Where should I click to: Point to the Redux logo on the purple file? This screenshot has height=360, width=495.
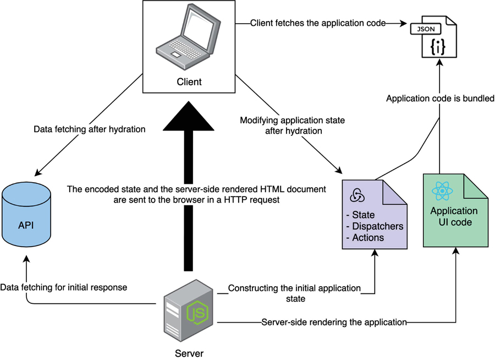(x=356, y=196)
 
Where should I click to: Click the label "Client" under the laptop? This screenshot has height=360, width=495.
(x=189, y=82)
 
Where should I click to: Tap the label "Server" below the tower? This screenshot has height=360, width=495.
(x=189, y=353)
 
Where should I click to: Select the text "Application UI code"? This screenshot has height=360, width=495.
(x=454, y=217)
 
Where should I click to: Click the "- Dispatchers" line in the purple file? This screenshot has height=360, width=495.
(x=375, y=226)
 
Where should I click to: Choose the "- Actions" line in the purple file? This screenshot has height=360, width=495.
(x=366, y=237)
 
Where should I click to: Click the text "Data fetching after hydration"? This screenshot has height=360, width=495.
(x=90, y=129)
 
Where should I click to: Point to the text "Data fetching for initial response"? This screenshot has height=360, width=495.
(x=64, y=287)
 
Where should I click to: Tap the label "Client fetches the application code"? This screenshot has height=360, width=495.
(x=318, y=23)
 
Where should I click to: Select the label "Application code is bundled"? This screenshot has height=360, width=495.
(x=441, y=99)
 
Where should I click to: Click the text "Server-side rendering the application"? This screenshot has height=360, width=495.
(x=334, y=322)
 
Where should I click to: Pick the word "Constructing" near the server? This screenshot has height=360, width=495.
(x=254, y=288)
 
